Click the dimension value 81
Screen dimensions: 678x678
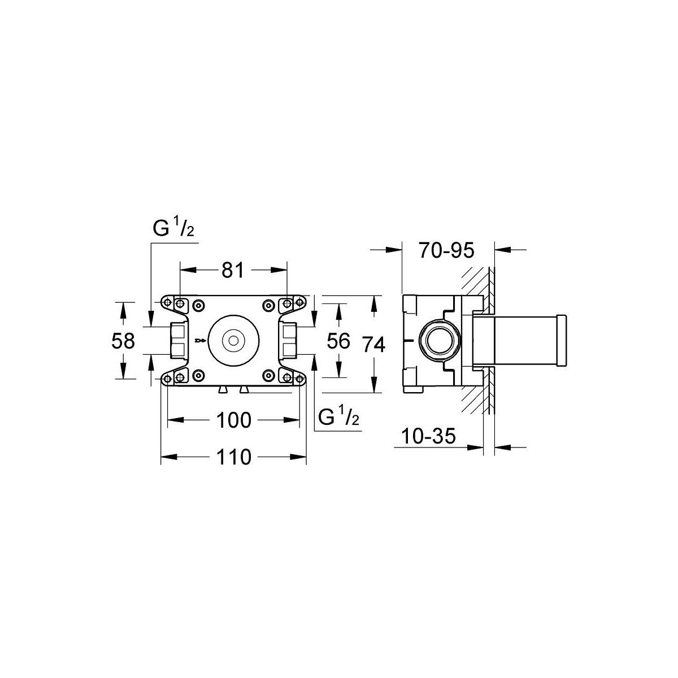[233, 271]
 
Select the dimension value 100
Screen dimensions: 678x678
[233, 420]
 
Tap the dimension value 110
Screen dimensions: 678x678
[233, 457]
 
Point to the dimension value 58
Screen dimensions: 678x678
[123, 341]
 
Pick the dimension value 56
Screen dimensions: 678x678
[338, 341]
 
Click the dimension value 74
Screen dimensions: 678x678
[375, 345]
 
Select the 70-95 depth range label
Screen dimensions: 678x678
[446, 251]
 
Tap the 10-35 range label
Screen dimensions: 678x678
[428, 436]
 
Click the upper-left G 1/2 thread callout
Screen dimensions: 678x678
[173, 229]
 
